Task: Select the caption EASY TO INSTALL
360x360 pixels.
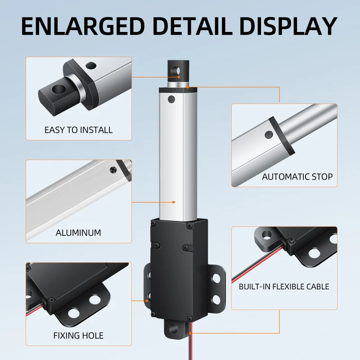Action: (x=78, y=130)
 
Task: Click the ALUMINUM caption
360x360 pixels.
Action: (x=78, y=233)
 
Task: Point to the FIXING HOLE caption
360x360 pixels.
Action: (x=78, y=335)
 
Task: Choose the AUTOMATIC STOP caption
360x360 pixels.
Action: (x=297, y=176)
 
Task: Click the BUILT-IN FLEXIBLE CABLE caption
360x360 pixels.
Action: (x=284, y=286)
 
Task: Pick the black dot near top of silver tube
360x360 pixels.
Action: (x=171, y=99)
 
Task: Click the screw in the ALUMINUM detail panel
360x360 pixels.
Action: (x=113, y=169)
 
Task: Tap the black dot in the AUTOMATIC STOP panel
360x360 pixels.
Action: (x=269, y=134)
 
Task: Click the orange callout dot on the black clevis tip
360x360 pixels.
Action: (x=179, y=77)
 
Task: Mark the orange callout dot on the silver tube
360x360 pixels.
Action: (x=173, y=203)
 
